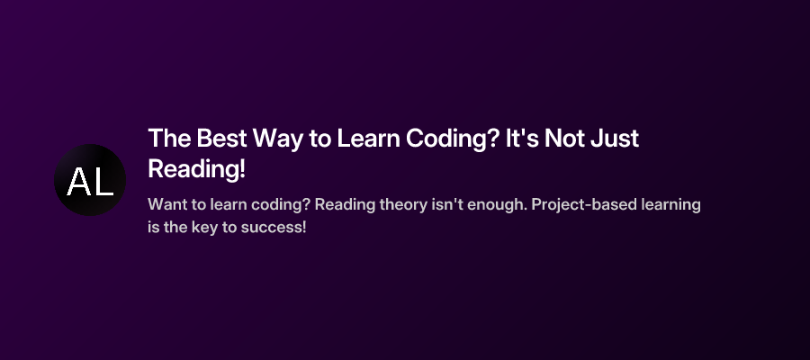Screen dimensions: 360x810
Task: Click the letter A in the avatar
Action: tap(79, 182)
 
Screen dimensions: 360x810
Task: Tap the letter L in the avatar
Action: tap(103, 182)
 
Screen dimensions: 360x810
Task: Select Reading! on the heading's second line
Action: tap(196, 168)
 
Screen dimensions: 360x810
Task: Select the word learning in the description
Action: tap(668, 204)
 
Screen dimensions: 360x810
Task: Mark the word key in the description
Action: tap(203, 227)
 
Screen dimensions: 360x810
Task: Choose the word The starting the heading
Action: tap(164, 139)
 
